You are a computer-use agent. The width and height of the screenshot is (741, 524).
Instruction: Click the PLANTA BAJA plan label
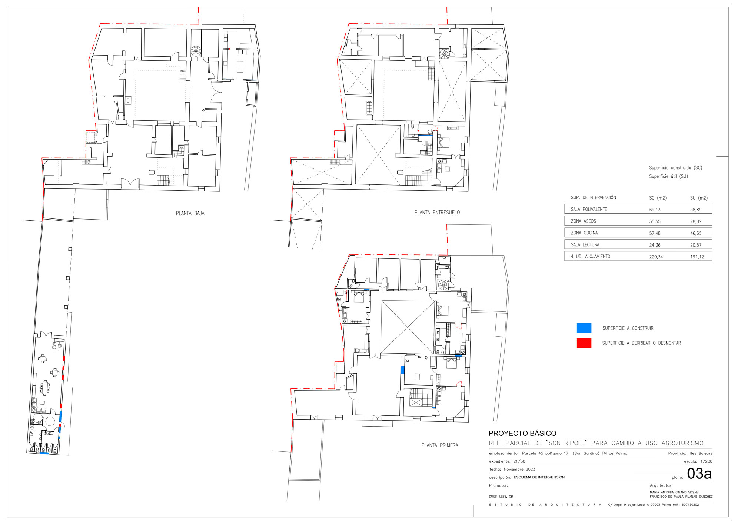(190, 213)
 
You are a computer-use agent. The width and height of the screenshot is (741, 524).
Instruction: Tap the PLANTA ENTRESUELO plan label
(437, 213)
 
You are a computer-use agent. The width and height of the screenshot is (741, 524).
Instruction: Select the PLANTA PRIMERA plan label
(440, 445)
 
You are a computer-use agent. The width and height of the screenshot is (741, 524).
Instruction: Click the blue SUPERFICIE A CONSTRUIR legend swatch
(584, 328)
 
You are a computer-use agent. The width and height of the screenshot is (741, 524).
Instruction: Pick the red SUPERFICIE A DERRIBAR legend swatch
(584, 343)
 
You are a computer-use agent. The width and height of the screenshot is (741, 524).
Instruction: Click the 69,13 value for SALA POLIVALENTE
(655, 210)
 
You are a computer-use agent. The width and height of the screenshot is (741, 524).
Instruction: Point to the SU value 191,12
(697, 257)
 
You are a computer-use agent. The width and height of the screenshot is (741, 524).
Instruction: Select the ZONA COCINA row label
(584, 233)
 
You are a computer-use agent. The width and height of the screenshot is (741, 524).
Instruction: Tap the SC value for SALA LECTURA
(655, 245)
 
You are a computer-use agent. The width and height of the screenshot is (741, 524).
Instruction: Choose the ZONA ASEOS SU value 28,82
(696, 221)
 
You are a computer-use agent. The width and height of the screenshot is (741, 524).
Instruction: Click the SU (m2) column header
(699, 198)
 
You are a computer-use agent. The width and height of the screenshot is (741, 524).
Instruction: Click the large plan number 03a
(699, 474)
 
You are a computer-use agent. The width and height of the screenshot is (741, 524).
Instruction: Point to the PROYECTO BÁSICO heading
(522, 433)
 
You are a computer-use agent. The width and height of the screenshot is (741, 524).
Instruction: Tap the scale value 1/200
(706, 461)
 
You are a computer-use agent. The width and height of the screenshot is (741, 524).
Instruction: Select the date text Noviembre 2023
(519, 469)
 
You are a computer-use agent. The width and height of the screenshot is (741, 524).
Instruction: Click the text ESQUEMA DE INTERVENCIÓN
(539, 477)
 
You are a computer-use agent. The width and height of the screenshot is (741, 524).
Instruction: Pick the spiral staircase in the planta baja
(196, 51)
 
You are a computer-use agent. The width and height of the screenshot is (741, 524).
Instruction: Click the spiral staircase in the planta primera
(443, 285)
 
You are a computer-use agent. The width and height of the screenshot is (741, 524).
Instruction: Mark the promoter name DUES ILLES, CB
(501, 497)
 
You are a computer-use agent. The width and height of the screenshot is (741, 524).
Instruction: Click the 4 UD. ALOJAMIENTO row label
(591, 257)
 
